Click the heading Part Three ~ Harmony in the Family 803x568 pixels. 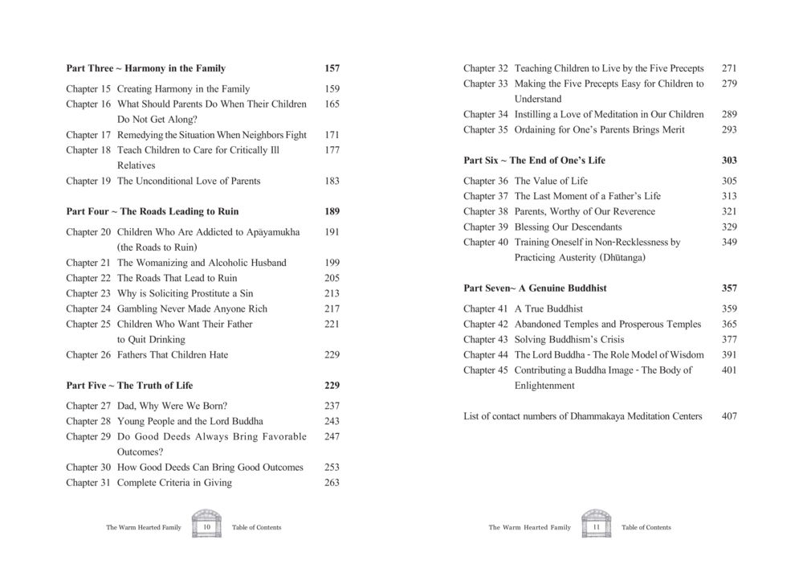pos(145,68)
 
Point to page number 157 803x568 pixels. pos(332,68)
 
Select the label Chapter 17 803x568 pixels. pos(88,135)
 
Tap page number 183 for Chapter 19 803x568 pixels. pos(332,181)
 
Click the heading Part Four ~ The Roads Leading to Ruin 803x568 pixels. pos(152,211)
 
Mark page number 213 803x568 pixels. pos(332,293)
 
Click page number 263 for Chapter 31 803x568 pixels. pos(332,483)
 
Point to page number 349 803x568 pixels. pos(729,242)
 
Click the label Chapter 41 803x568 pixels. pos(486,309)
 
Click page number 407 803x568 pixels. pos(729,416)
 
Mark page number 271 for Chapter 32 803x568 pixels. pos(729,68)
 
